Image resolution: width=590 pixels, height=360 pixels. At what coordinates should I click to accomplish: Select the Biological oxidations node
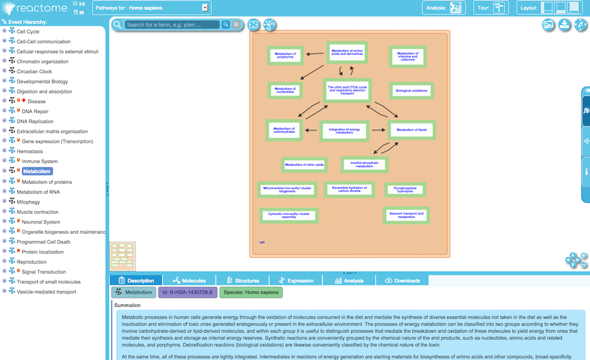point(412,91)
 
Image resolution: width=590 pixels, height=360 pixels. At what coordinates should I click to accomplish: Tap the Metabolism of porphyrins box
point(285,55)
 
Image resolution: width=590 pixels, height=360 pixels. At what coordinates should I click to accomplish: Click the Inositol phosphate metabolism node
point(364,164)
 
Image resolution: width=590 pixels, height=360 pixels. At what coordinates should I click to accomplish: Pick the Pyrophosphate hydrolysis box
point(405,189)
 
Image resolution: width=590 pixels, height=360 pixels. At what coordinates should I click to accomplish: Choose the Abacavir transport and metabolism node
point(406,215)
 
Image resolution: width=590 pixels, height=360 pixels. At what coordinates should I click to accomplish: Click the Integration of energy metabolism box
point(345,130)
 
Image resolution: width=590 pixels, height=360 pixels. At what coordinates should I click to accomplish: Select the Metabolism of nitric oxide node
point(304,164)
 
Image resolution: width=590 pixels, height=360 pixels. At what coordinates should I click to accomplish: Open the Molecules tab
point(189,280)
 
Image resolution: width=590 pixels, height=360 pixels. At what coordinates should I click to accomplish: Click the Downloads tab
point(402,280)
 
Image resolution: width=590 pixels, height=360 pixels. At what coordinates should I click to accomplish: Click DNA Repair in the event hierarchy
point(35,111)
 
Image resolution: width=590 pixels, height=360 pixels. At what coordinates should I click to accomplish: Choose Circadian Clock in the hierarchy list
point(34,71)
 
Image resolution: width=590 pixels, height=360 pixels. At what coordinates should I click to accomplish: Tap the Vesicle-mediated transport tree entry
point(46,292)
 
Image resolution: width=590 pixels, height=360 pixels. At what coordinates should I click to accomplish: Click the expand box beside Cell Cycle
point(4,31)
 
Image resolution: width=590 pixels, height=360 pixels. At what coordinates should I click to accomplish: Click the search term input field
point(172,25)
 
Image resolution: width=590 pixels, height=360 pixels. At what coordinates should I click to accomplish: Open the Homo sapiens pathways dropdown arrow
point(205,8)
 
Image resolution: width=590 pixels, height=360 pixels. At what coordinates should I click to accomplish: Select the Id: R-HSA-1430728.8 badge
point(187,292)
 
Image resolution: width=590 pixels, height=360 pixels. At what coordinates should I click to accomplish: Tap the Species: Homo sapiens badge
point(251,292)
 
